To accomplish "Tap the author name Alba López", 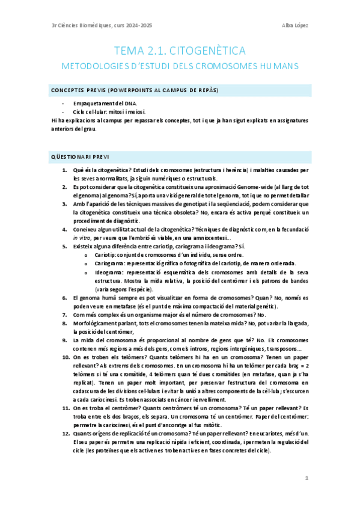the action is coord(294,25).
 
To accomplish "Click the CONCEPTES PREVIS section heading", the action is coord(134,90).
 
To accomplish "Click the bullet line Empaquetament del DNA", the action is coord(99,104).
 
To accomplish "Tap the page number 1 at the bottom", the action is coord(307,478).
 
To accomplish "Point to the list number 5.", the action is coord(65,247).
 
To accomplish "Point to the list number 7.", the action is coord(65,315).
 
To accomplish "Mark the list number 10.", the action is coord(66,357).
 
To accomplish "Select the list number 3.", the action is coord(65,204).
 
